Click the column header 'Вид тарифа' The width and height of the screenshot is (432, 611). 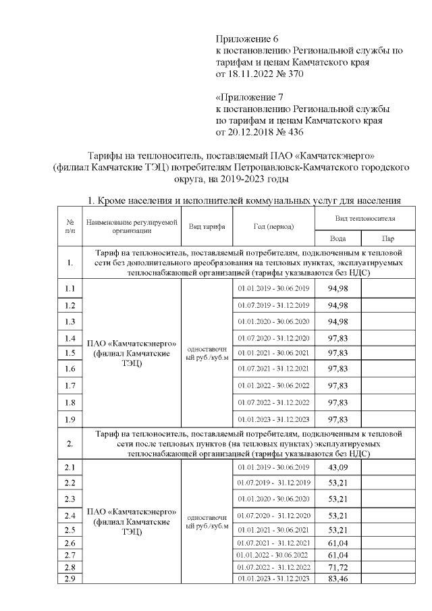click(207, 228)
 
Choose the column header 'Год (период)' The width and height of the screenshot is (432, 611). click(273, 228)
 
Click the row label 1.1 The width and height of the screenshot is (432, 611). click(69, 289)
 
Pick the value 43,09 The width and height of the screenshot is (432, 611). click(337, 468)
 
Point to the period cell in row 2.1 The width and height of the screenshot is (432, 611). click(273, 468)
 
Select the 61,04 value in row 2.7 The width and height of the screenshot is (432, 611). click(337, 554)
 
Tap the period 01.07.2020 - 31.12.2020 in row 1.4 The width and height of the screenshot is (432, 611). click(273, 338)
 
